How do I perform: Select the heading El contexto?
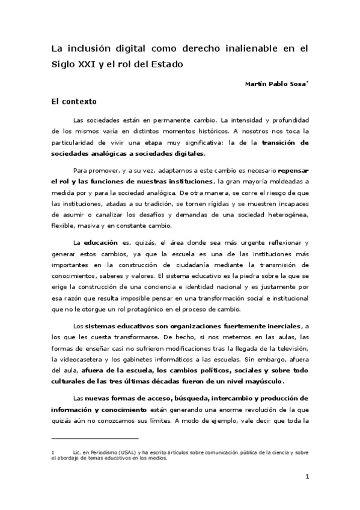[x=73, y=102]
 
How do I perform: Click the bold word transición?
[x=285, y=143]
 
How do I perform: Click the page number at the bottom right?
[x=307, y=478]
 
